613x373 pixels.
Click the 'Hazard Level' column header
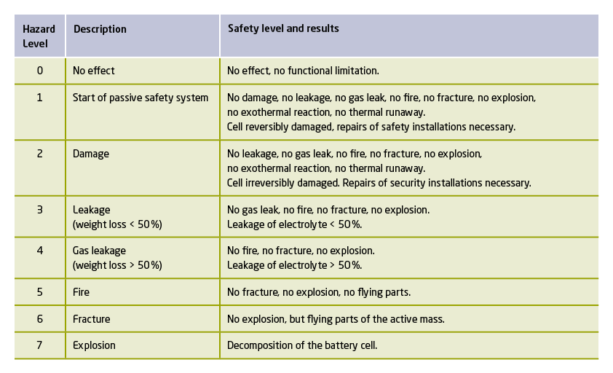39,36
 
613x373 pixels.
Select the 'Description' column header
100,29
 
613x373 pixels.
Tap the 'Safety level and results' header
283,28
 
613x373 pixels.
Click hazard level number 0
40,71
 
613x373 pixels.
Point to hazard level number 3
40,210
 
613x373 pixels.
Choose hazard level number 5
40,292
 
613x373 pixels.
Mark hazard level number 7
39,345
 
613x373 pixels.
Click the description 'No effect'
94,71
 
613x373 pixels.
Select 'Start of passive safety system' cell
141,98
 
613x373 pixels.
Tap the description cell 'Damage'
91,154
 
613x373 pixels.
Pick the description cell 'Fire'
81,292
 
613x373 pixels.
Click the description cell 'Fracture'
92,319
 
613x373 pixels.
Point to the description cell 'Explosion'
94,345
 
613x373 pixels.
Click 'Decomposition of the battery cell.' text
302,345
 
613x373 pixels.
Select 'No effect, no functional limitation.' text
303,71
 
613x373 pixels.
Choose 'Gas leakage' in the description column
99,251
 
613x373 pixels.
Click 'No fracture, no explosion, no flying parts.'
319,292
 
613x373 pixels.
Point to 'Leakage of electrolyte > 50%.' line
294,265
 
